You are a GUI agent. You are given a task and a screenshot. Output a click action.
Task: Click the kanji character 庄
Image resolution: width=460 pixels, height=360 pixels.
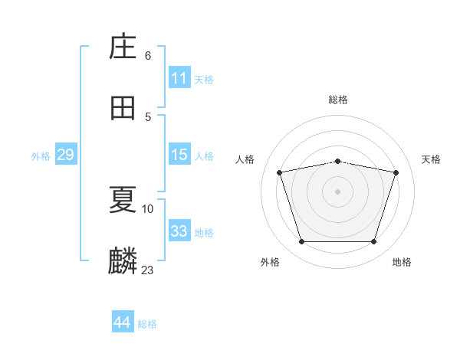123,47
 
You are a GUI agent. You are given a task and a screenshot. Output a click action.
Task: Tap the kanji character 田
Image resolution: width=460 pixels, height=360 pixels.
123,108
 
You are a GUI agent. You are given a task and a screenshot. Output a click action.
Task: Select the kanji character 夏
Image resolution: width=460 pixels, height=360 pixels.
123,200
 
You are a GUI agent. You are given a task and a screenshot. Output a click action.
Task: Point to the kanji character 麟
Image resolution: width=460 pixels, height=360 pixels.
123,261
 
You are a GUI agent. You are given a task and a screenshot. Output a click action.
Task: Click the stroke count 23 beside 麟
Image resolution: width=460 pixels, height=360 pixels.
147,270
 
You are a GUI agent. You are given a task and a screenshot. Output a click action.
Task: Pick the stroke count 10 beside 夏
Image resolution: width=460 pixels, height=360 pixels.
148,208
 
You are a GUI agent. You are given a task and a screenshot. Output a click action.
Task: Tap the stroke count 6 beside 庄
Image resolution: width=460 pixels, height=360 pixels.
148,56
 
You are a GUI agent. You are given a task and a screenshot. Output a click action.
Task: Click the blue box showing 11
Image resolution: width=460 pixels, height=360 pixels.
179,78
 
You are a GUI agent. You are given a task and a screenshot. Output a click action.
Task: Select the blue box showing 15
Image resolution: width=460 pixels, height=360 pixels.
179,155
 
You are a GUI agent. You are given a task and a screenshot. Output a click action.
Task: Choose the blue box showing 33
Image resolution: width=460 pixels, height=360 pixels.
179,231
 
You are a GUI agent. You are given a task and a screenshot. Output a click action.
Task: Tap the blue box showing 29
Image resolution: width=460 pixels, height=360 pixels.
65,155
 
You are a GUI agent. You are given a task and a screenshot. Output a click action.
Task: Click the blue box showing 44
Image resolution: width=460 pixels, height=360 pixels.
122,322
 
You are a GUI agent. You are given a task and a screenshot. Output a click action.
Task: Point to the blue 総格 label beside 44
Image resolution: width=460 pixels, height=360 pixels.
147,324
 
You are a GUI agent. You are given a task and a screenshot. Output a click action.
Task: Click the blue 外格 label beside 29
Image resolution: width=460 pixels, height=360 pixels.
41,156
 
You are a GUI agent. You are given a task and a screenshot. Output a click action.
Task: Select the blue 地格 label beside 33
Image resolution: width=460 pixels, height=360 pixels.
204,233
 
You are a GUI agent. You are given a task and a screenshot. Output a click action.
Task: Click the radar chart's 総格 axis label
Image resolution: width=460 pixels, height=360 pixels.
337,100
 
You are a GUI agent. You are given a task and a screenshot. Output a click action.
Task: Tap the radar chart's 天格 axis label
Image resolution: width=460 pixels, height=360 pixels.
431,159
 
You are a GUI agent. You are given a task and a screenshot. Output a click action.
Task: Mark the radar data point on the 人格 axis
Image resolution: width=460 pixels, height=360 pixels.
280,172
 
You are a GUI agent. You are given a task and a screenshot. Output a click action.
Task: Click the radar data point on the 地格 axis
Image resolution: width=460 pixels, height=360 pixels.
373,242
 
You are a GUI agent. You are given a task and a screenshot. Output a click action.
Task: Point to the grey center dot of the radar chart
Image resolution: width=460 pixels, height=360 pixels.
337,191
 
